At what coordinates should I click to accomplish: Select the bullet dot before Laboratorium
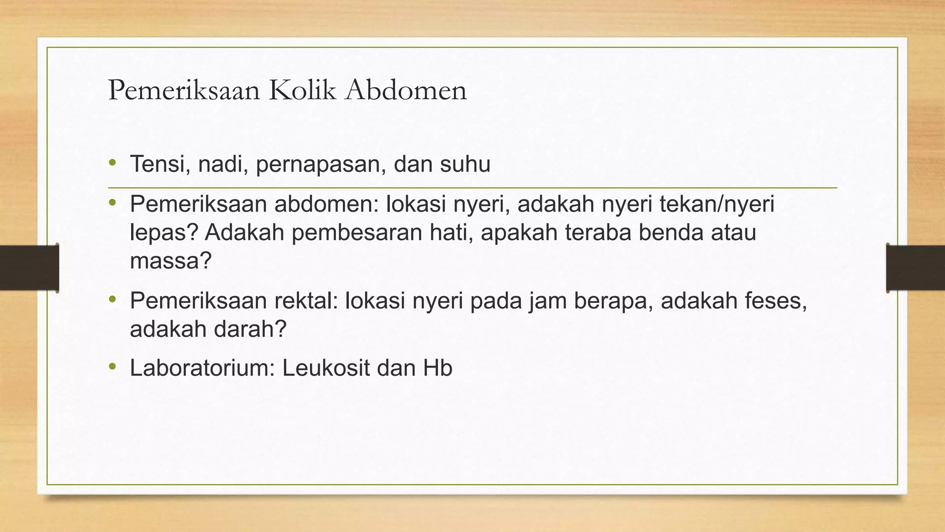coord(112,367)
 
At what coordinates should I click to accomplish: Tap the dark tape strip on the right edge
coord(915,267)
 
